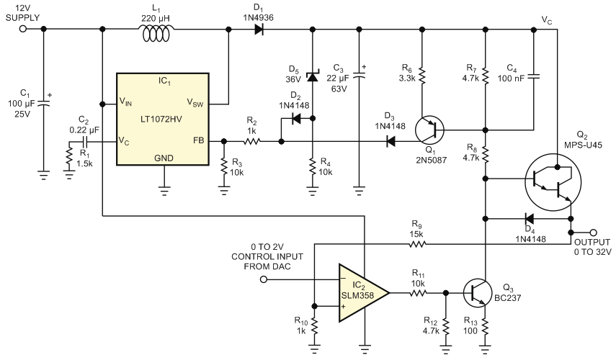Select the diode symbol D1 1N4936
click(259, 29)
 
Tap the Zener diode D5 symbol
click(313, 76)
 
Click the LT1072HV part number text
click(161, 119)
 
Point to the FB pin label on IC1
click(198, 140)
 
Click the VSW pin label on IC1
click(195, 103)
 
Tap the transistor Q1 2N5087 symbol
click(429, 130)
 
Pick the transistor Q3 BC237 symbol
click(478, 293)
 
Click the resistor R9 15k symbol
click(417, 244)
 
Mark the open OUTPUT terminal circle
click(594, 233)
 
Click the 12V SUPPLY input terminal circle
click(23, 29)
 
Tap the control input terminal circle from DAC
click(264, 279)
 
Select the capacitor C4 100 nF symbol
click(533, 76)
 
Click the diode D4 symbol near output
click(529, 218)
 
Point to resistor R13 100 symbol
click(485, 326)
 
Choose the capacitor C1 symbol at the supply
click(43, 104)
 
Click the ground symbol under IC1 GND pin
click(164, 192)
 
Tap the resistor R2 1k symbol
click(252, 141)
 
